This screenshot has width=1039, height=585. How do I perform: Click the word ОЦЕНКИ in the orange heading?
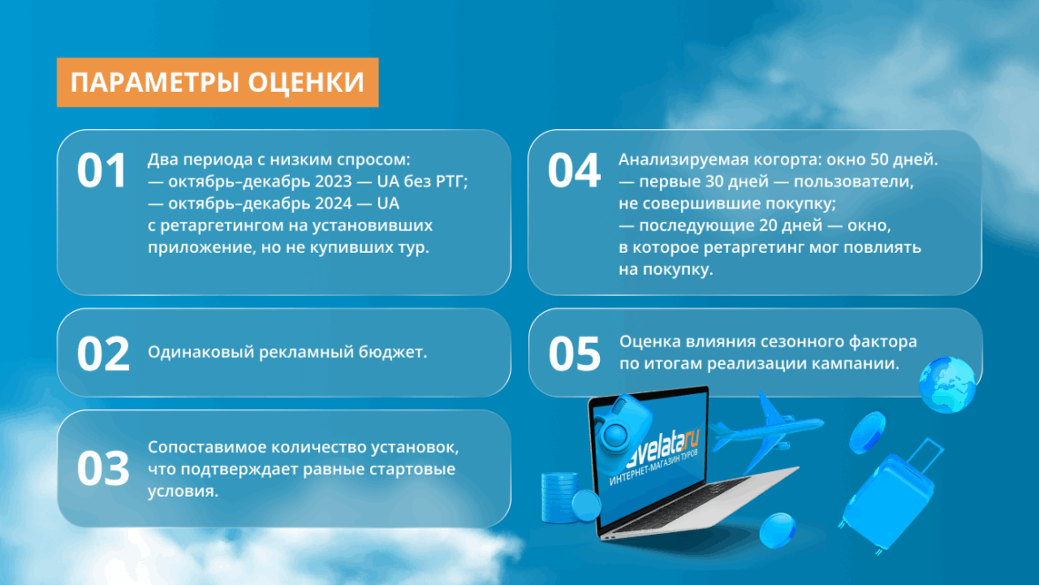pos(306,82)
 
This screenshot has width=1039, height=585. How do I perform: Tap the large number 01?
pos(102,171)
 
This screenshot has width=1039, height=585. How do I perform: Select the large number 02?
pos(102,353)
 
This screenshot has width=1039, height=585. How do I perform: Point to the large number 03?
pos(102,468)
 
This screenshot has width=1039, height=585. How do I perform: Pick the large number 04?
pos(574,171)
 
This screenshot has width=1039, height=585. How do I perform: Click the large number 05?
pos(574,353)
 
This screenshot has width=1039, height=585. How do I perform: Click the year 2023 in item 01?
pos(333,181)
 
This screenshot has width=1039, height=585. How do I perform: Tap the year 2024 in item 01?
pos(333,203)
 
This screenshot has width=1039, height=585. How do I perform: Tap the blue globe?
pos(947,384)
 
